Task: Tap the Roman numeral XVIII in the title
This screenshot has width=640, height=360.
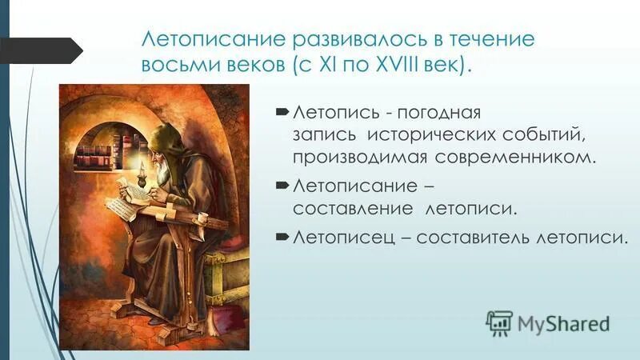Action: point(403,65)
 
